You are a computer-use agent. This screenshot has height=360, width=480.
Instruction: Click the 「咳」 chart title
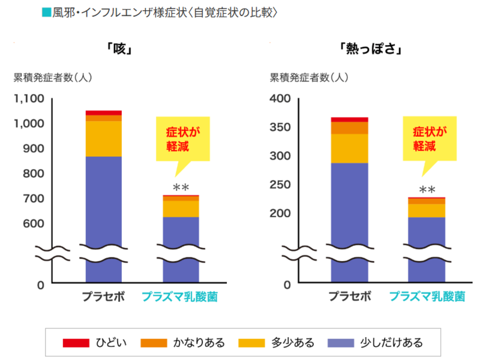[x=119, y=49]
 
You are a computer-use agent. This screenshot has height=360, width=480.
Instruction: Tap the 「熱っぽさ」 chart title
[x=370, y=49]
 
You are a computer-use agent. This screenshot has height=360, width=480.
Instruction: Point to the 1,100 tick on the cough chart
[x=29, y=98]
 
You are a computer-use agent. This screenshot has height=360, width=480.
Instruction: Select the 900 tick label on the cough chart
[x=34, y=148]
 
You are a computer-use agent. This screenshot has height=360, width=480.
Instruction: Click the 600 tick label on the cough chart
[x=34, y=223]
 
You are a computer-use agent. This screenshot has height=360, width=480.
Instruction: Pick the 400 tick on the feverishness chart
[x=280, y=98]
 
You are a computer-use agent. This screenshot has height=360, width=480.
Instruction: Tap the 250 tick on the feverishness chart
[x=280, y=185]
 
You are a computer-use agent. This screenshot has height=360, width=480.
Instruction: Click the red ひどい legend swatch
[x=76, y=343]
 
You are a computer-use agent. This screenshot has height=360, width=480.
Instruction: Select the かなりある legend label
[x=199, y=343]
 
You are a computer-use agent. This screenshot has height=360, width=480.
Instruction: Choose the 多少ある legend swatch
[x=251, y=343]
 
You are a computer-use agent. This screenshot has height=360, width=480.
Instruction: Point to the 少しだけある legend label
[x=392, y=343]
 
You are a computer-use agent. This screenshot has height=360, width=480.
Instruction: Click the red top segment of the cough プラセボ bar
[x=103, y=113]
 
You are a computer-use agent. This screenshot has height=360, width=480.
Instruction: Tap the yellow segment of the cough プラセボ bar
[x=103, y=139]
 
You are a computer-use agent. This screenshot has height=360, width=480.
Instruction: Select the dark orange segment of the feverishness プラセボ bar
[x=350, y=128]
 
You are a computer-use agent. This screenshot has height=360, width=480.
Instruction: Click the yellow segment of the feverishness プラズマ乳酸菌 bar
[x=427, y=211]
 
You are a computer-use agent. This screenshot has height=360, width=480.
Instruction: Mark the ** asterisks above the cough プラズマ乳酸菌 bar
[x=181, y=187]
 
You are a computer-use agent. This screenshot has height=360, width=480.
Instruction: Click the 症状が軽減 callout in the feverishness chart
[x=430, y=139]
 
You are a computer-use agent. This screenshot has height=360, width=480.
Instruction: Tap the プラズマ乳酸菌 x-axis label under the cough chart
[x=179, y=296]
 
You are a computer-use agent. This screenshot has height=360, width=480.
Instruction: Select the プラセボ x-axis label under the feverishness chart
[x=350, y=296]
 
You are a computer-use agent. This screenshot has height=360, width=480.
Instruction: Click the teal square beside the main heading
[x=47, y=13]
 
